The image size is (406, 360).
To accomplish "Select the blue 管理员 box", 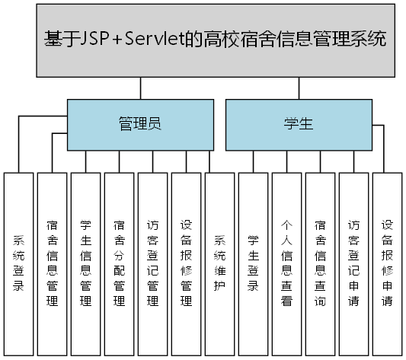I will point(139,124).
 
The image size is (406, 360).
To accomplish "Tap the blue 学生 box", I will point(298,124).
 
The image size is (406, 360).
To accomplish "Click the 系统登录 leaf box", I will point(19,263).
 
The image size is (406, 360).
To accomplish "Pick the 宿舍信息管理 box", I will point(53,263).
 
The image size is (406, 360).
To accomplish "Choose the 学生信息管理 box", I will point(86,263).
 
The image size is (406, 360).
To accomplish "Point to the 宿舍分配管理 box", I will point(120,263).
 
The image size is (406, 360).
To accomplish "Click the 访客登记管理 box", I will point(153,263).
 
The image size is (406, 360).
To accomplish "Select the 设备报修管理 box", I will point(187,263).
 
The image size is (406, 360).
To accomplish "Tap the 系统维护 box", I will point(220,263).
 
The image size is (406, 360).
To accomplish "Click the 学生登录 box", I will point(254,263).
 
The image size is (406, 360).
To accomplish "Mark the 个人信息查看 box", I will point(287,263).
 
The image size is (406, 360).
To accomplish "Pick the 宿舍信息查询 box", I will point(321,263).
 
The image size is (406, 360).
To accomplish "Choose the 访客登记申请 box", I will point(354,263).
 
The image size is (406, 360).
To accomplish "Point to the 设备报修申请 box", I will point(388,263).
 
